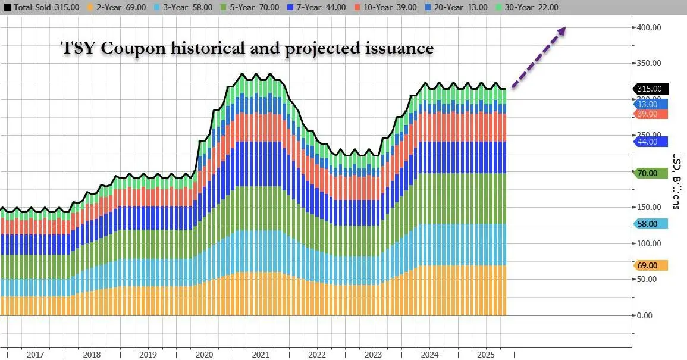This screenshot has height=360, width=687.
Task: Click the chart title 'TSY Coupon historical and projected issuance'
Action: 248,48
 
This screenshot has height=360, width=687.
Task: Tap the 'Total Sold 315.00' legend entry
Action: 40,7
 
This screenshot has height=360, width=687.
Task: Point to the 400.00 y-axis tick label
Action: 649,27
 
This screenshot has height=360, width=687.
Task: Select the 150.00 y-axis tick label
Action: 649,207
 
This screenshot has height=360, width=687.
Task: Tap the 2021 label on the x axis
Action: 261,355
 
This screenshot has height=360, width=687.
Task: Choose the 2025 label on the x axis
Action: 487,355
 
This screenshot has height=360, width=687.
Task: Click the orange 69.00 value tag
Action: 649,265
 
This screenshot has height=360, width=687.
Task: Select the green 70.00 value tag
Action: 649,173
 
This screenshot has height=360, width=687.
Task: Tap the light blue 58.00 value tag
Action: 649,224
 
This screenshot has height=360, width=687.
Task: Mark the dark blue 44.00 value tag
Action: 649,142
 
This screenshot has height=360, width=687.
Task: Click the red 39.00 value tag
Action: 649,114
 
